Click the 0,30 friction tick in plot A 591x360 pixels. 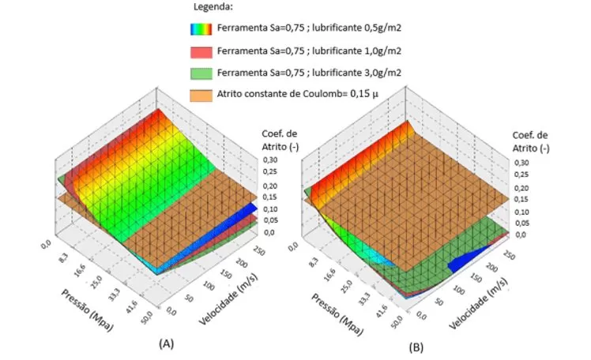coord(271,158)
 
